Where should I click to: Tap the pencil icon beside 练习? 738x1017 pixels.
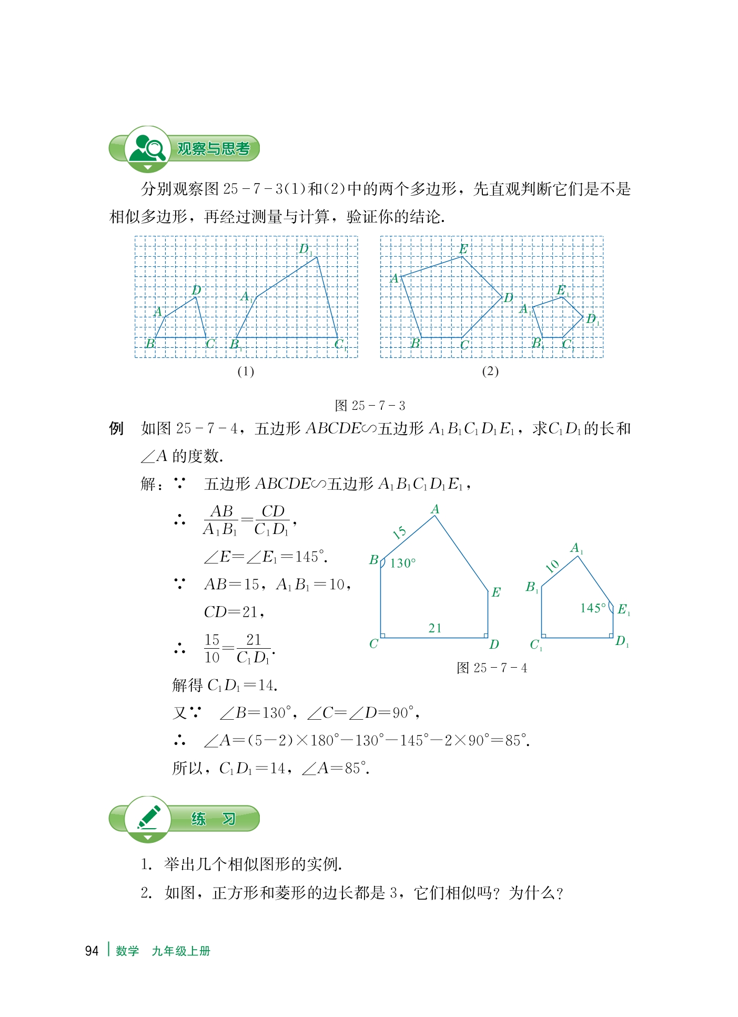pos(148,818)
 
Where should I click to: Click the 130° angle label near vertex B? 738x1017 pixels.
pos(402,563)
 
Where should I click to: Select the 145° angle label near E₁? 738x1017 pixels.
pos(593,608)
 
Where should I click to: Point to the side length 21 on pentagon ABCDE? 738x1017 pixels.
pos(434,628)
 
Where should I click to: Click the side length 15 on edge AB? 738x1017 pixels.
pos(400,532)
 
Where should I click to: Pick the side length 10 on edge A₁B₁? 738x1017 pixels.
pos(552,566)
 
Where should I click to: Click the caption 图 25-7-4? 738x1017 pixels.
pos(492,668)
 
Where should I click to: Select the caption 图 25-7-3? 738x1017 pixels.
pos(370,406)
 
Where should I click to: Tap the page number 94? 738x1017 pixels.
pos(92,951)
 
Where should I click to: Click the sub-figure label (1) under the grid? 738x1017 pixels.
pos(246,371)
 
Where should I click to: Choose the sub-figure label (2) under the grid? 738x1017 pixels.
pos(490,371)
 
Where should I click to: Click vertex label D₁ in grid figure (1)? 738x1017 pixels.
pos(306,249)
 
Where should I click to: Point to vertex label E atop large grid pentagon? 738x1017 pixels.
pos(463,249)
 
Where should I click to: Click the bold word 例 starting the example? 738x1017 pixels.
pos(116,428)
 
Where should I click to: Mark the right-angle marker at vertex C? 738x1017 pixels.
pos(383,636)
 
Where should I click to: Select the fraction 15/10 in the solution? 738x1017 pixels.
pos(212,648)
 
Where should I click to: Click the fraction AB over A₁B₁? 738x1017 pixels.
pos(221,520)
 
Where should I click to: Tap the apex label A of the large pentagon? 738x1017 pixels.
pos(435,509)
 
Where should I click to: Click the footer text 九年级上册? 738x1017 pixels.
pos(181,951)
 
